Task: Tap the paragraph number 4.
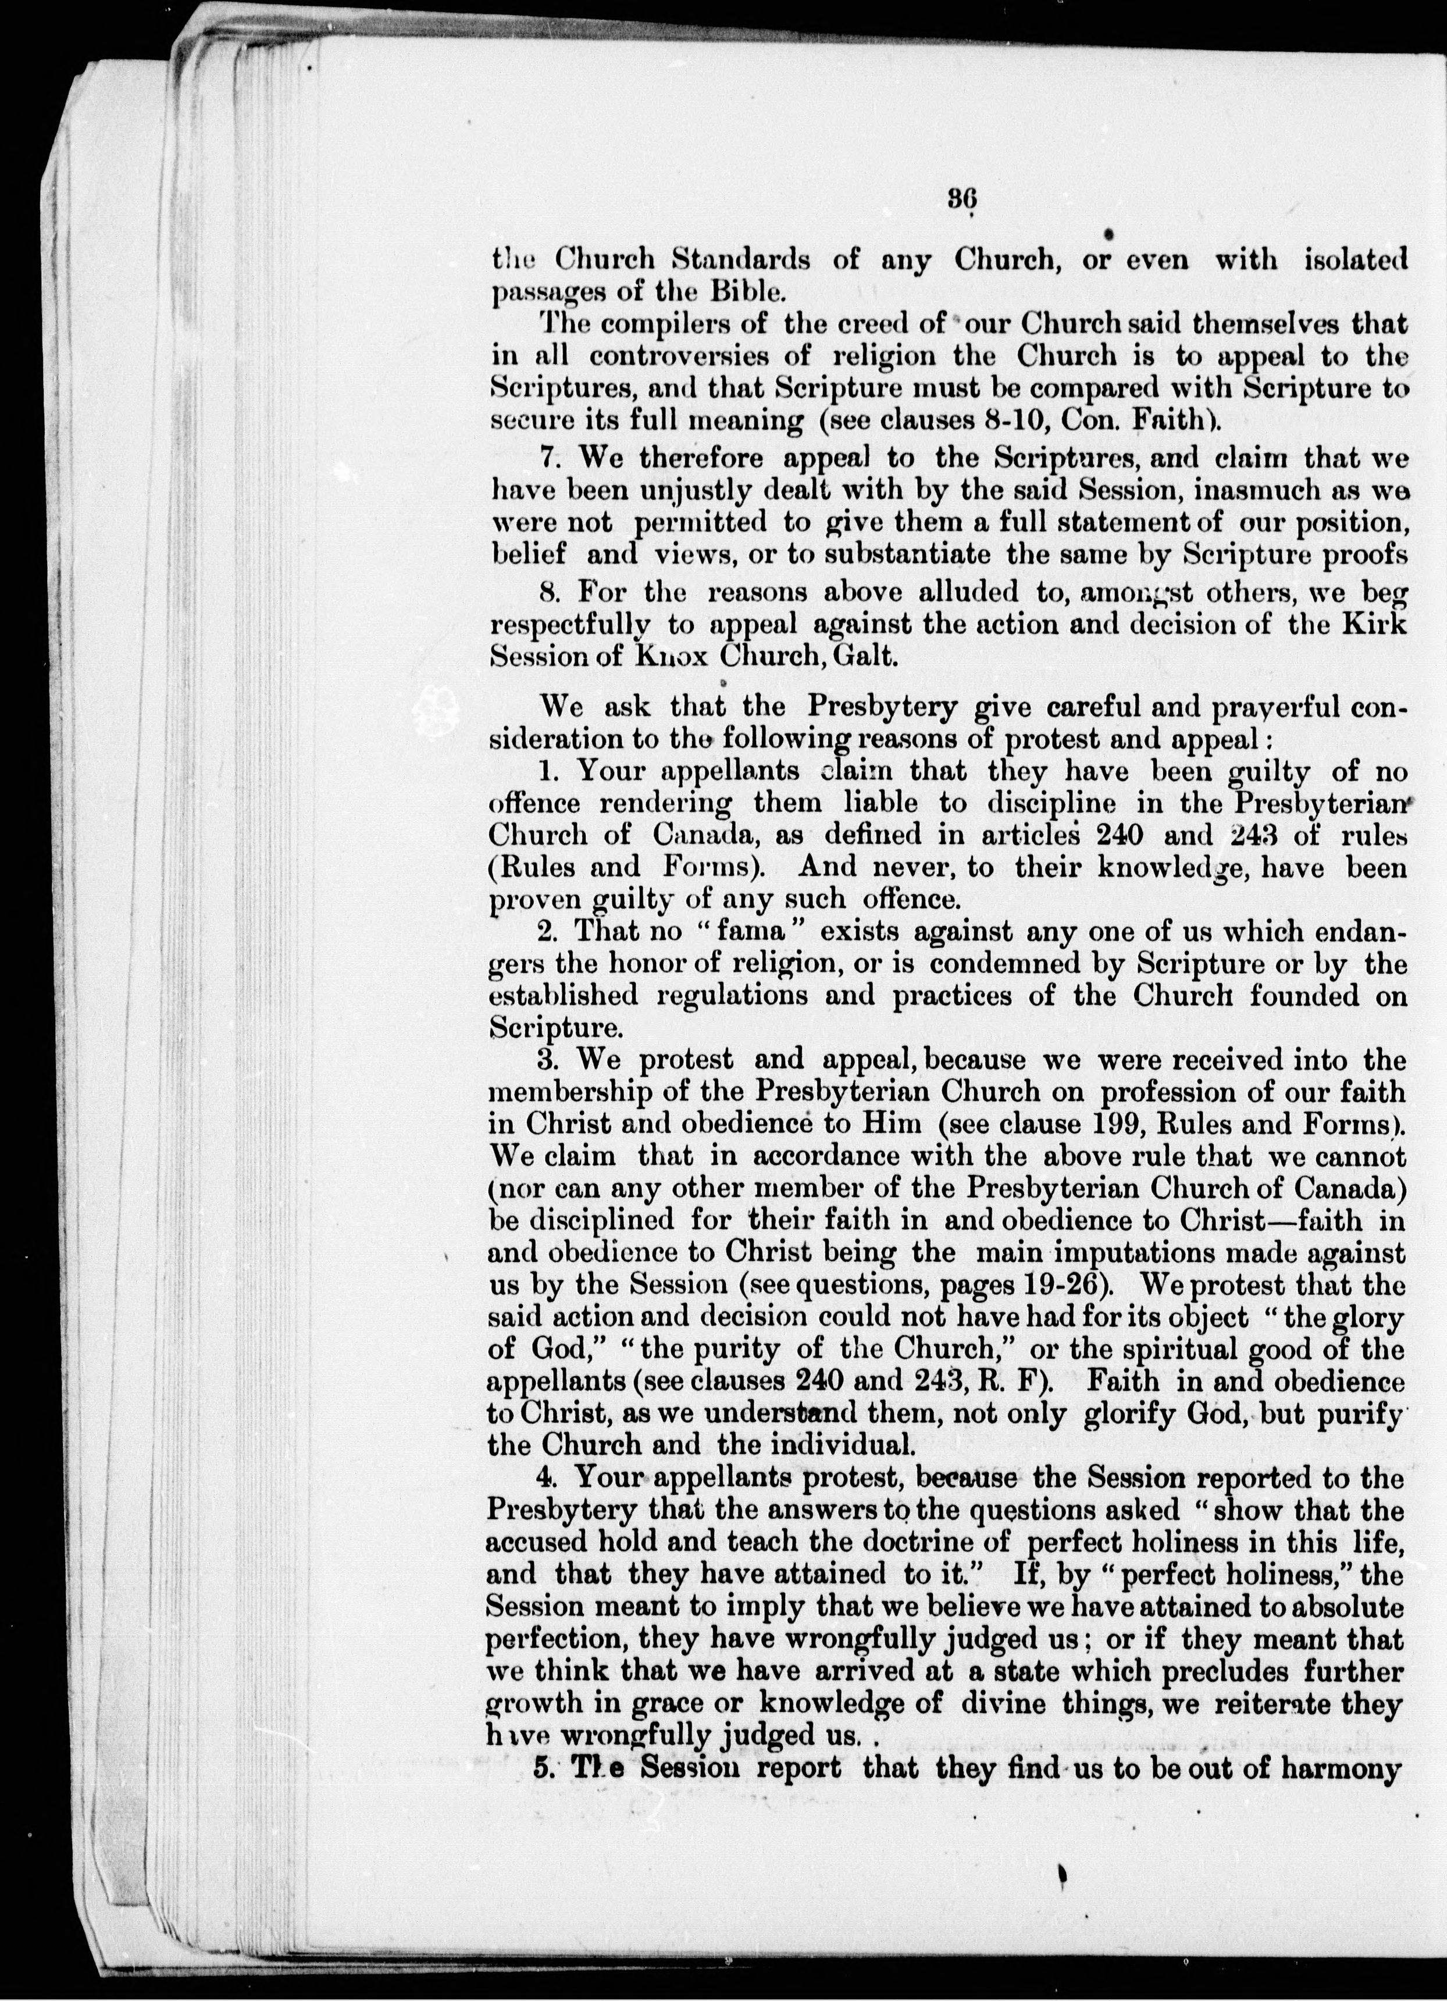[544, 1476]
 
